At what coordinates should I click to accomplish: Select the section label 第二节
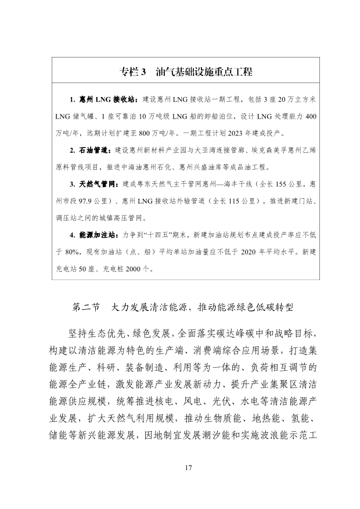tap(86, 307)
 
